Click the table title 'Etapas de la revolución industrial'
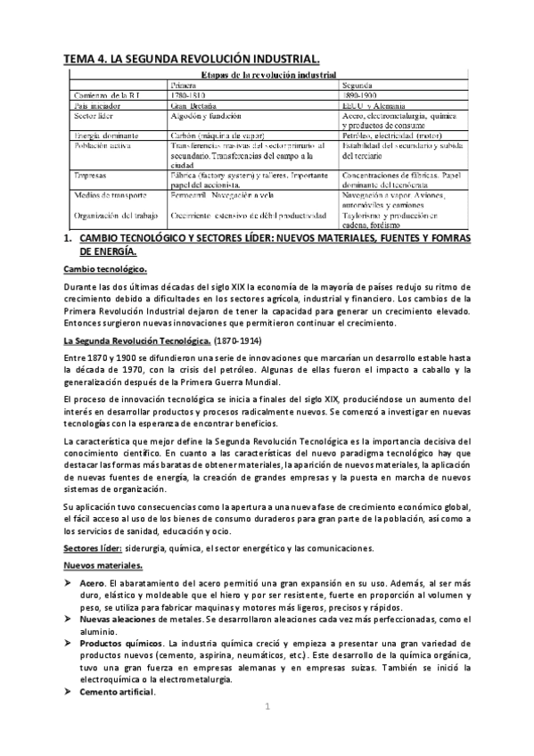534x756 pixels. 267,75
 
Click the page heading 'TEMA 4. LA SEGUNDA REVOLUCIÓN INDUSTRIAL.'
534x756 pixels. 189,59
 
